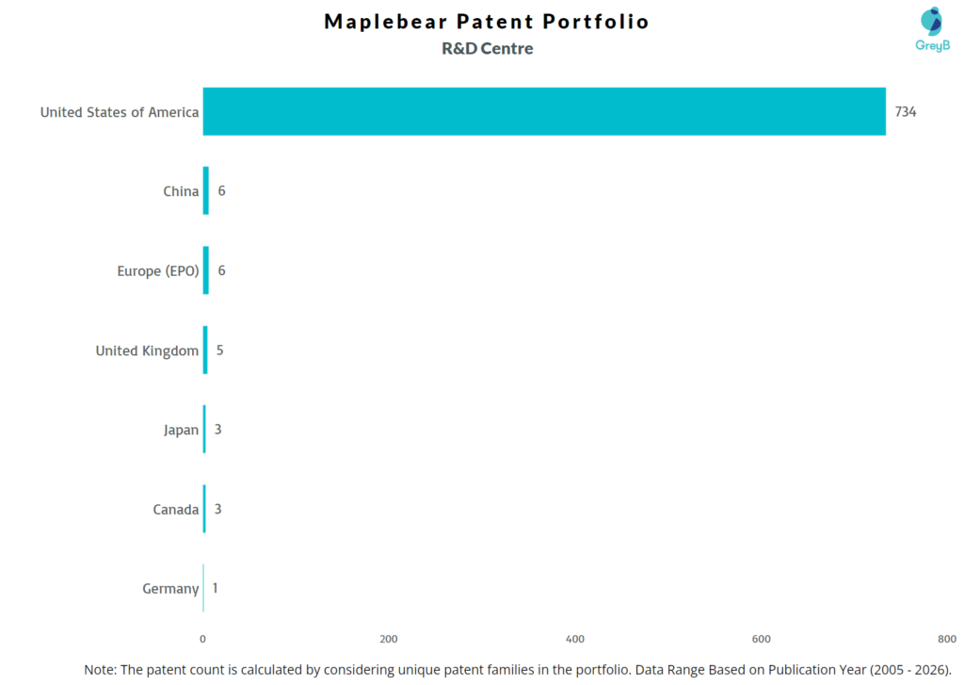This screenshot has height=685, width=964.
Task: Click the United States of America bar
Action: [544, 111]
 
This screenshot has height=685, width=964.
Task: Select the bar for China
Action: [206, 191]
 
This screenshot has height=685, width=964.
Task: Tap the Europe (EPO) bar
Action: [206, 270]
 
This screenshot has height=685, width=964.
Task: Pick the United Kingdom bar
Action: [205, 351]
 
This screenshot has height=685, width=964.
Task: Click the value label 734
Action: [905, 112]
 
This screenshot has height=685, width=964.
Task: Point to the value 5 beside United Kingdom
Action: [220, 351]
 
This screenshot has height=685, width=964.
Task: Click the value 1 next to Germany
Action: [216, 589]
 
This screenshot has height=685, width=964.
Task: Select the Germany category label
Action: [170, 589]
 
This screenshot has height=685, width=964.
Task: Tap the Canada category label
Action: [176, 510]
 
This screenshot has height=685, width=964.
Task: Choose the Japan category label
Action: [181, 430]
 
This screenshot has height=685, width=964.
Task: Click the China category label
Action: [181, 191]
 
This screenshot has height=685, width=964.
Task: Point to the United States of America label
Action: [120, 112]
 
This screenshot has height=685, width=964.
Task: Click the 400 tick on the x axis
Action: [575, 639]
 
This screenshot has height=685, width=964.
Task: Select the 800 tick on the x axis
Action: [947, 639]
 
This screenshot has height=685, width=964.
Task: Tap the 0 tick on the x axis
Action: [203, 639]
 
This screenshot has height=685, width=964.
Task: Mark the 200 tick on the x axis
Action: [389, 639]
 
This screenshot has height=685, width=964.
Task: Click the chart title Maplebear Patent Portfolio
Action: [487, 22]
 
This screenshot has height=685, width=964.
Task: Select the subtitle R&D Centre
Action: [487, 49]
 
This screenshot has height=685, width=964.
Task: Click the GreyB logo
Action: [932, 28]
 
